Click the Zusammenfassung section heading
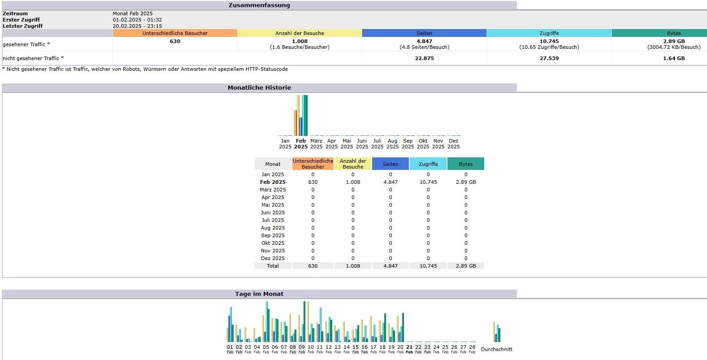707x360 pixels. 259,5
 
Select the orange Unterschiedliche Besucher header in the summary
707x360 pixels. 175,33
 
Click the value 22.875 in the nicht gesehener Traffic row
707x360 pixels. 424,58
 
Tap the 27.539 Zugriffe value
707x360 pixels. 549,58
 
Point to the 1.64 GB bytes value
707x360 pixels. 673,58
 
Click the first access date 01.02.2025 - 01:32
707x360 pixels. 137,20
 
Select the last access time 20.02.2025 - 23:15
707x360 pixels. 137,26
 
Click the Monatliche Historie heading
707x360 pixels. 259,88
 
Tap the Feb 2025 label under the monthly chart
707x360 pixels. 301,143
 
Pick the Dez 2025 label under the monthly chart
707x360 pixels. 454,143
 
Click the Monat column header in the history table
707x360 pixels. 273,164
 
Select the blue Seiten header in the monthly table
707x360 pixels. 390,164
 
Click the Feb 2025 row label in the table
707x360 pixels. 273,182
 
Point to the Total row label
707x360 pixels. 273,266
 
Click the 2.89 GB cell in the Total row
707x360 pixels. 466,266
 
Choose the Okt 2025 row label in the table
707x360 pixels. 273,243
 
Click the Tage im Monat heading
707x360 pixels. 259,294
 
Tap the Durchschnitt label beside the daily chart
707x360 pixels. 496,349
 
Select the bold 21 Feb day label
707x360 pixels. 409,349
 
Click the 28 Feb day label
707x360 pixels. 472,349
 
